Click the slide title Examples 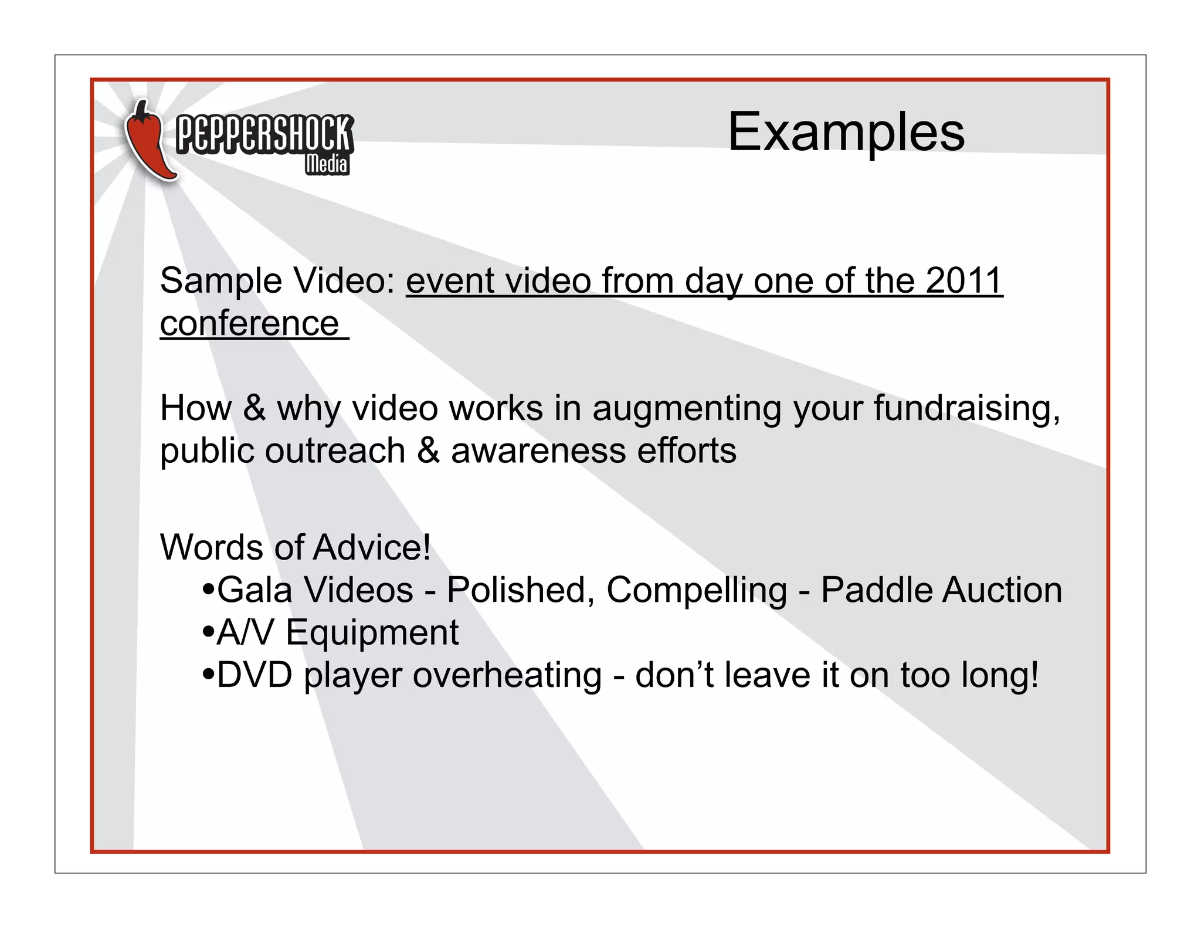pos(846,132)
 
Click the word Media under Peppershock pos(327,164)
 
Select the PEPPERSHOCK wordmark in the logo pos(264,134)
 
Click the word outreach pos(335,451)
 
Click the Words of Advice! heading pos(295,547)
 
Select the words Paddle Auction pos(941,590)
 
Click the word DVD pos(255,675)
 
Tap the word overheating pos(507,675)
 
